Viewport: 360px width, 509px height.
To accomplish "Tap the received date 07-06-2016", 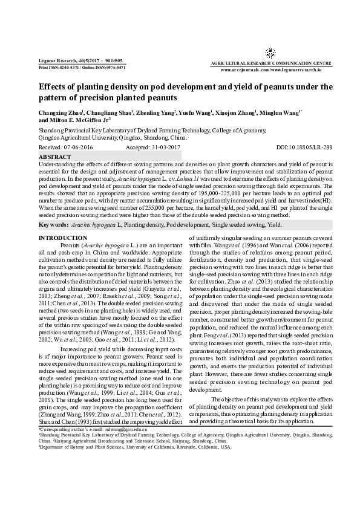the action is (x=75, y=147).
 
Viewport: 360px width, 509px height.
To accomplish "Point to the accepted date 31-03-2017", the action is (x=166, y=147).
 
